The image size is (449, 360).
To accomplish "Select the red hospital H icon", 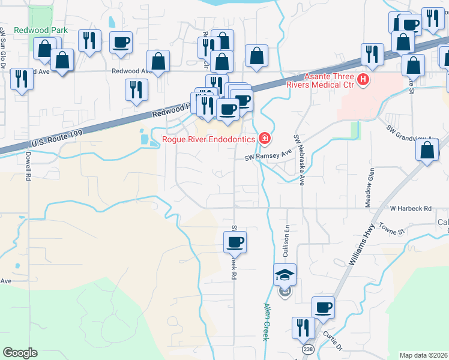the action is (362, 79).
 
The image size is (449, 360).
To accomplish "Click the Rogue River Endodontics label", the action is (209, 140).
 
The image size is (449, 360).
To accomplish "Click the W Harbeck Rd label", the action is (411, 209).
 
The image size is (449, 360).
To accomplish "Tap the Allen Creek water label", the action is (266, 322).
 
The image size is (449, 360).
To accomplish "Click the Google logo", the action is (20, 353).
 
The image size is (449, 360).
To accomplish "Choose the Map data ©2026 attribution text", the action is (424, 355).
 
